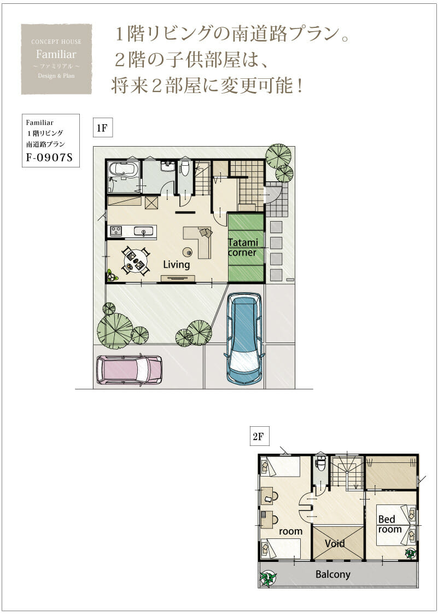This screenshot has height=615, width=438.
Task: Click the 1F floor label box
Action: [x=103, y=127]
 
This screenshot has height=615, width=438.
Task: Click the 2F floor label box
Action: [x=260, y=436]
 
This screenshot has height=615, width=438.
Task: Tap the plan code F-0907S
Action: [x=49, y=157]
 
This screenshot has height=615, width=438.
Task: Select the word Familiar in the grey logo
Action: [x=56, y=54]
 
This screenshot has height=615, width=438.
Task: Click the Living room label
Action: [x=177, y=265]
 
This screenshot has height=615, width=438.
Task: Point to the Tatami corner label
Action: [x=243, y=247]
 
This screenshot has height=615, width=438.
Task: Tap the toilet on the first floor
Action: [x=184, y=169]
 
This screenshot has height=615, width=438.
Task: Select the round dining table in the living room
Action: [x=136, y=260]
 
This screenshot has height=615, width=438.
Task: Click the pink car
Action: [x=130, y=369]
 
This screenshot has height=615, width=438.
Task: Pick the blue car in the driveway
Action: [x=244, y=339]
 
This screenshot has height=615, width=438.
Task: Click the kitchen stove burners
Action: [x=116, y=231]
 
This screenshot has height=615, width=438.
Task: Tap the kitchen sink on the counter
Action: [x=143, y=231]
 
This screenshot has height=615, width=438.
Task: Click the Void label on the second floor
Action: [x=335, y=544]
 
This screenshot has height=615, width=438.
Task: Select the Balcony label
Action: [x=333, y=575]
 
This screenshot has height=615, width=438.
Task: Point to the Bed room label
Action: [x=390, y=524]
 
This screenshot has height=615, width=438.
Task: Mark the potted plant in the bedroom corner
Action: [x=411, y=553]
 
